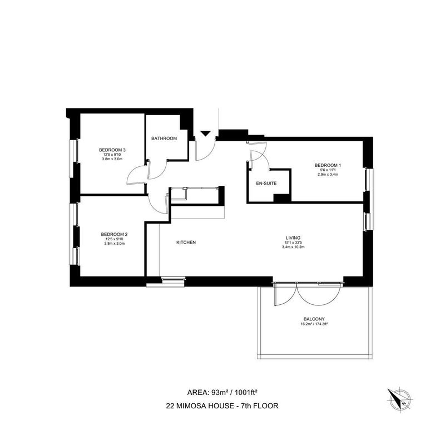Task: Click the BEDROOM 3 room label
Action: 112,150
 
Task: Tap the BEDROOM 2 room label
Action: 114,234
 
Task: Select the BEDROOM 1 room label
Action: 328,165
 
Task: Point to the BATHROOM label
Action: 164,139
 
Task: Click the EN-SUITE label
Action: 266,184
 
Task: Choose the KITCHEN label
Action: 186,243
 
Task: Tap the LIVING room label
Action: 293,238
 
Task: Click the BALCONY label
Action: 314,319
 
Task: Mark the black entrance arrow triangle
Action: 205,133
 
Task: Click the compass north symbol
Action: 399,400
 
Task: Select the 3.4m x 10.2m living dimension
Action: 293,247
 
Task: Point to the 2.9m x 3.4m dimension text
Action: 328,175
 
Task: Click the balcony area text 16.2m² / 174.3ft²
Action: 314,324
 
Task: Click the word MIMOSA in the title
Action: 191,406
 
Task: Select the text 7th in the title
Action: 246,406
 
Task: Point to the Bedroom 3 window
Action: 74,159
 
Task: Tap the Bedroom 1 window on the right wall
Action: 369,180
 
